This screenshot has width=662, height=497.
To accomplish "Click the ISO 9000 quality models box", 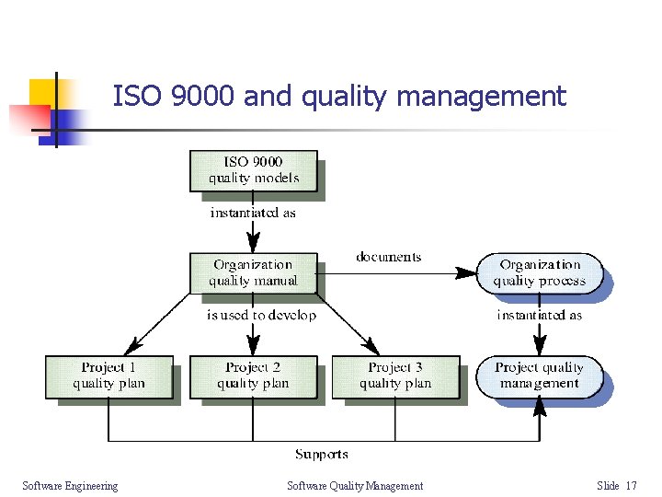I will click(253, 170).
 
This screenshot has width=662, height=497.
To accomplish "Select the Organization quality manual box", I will click(253, 273).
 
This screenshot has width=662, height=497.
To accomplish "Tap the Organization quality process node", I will click(540, 273).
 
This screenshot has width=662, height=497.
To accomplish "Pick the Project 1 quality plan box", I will click(108, 376).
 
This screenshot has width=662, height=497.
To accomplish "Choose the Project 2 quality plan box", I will click(253, 376).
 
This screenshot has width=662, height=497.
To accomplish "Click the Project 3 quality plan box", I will click(395, 376).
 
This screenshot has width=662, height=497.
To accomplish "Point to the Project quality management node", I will click(540, 376).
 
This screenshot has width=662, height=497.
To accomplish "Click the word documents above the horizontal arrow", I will click(388, 257).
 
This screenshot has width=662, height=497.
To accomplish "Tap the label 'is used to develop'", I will click(261, 316).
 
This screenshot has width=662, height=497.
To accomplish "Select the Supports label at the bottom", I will click(322, 454).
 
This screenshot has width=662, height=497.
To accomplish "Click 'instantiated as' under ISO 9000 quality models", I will click(253, 213).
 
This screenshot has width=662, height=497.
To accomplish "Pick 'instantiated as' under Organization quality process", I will click(540, 316).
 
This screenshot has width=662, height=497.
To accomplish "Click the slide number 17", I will click(631, 486).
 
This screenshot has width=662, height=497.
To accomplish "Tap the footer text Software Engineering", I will click(70, 486).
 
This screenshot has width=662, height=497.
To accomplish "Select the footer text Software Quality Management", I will click(355, 486).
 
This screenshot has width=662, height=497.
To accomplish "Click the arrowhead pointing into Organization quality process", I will click(468, 271).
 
